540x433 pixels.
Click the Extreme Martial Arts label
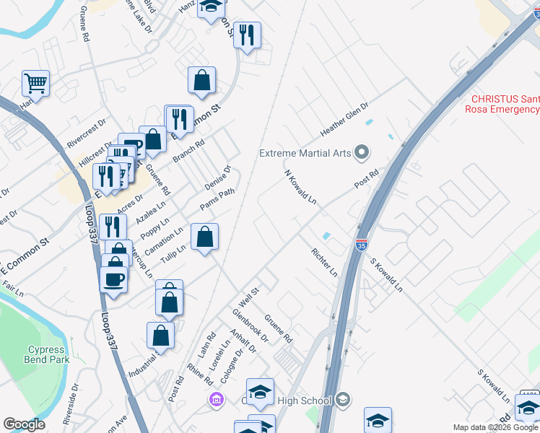(305, 153)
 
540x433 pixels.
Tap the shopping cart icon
(35, 83)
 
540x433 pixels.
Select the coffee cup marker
(114, 278)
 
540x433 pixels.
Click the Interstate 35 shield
(362, 245)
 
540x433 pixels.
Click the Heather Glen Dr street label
(344, 119)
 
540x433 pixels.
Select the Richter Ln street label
(324, 263)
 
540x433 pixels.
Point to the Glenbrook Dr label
(250, 326)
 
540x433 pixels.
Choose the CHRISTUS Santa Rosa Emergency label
(505, 104)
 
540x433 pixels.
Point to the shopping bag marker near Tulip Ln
(205, 236)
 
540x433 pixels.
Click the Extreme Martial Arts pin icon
(362, 152)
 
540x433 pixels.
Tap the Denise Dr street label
(218, 178)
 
